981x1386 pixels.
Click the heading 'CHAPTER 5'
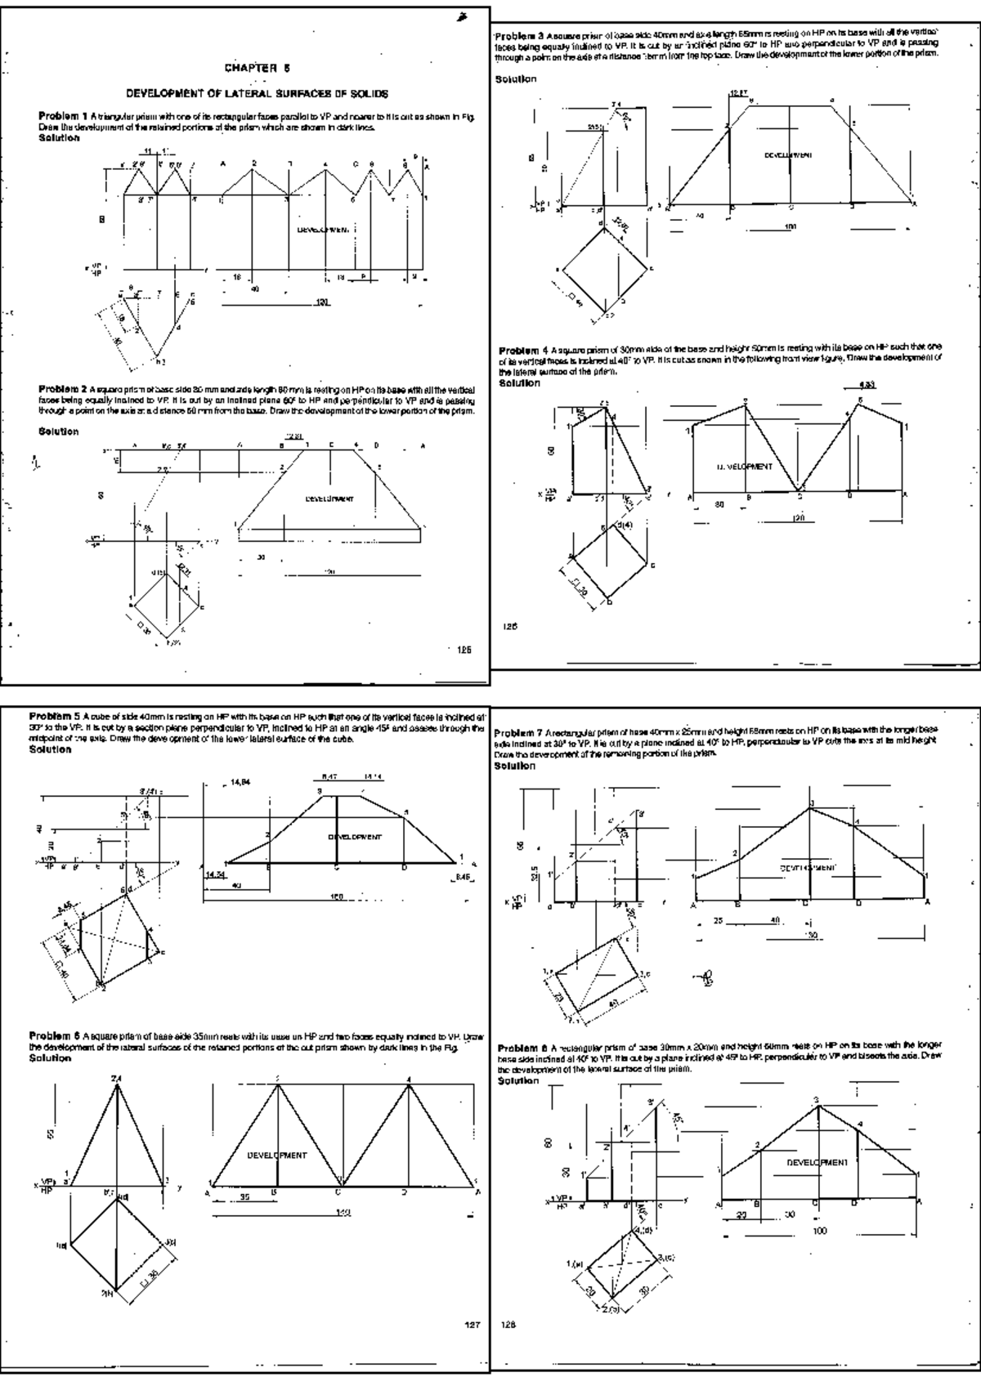258,68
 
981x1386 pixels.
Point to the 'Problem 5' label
54,713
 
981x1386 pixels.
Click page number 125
464,651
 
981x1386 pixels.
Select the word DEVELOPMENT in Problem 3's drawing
788,154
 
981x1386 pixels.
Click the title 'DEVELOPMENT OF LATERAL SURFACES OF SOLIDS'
256,94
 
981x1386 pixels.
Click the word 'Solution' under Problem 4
520,382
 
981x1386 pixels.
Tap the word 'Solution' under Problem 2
59,431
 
